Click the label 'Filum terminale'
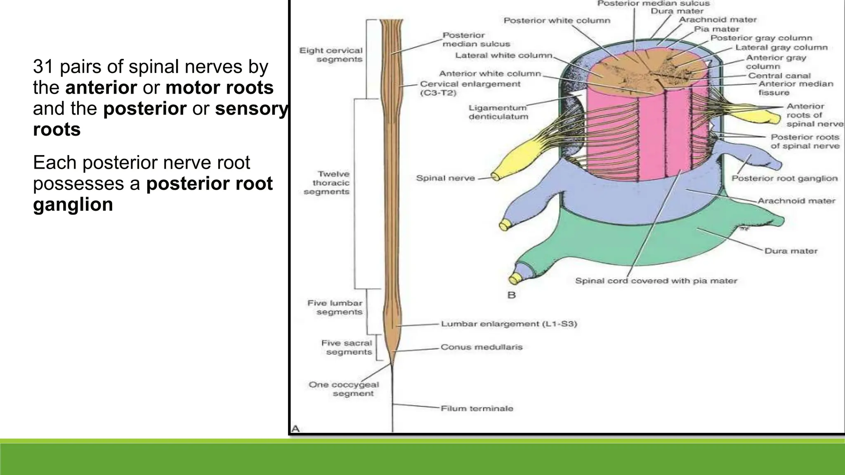pos(477,409)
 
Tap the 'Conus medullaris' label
pos(482,347)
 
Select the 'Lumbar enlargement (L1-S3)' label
pos(509,324)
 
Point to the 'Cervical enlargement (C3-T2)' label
pos(470,88)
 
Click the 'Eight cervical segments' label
pos(331,55)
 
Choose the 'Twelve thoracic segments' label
pos(327,183)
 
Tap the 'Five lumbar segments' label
pos(335,308)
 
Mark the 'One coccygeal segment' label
pos(344,389)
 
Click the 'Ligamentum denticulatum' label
pos(498,112)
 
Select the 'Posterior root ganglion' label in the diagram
pos(785,179)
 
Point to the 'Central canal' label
pos(779,76)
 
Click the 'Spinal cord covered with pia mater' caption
pos(656,281)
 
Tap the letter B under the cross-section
pos(512,295)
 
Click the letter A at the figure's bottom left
pos(295,429)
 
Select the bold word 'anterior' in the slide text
pos(101,88)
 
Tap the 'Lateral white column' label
pos(504,56)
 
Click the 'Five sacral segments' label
pos(347,348)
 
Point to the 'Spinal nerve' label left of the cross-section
pos(445,178)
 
